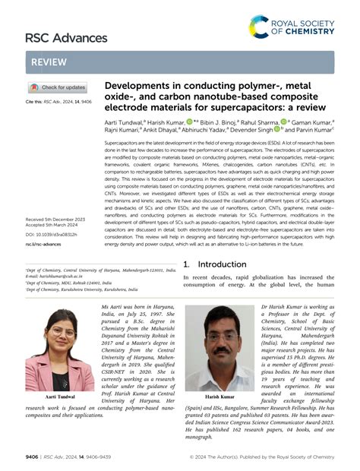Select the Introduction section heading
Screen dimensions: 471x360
click(x=216, y=264)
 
